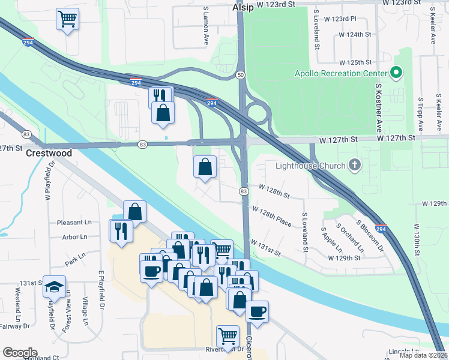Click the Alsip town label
coord(244,8)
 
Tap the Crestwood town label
coord(49,153)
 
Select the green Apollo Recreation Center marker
coord(396,73)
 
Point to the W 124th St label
coord(355,35)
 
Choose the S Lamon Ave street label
coord(205,27)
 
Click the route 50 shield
coord(240,75)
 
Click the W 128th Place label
coord(272,217)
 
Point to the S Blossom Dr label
coord(369,235)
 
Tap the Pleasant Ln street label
coord(74,223)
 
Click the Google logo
coord(20,353)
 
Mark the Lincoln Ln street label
coord(403,350)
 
